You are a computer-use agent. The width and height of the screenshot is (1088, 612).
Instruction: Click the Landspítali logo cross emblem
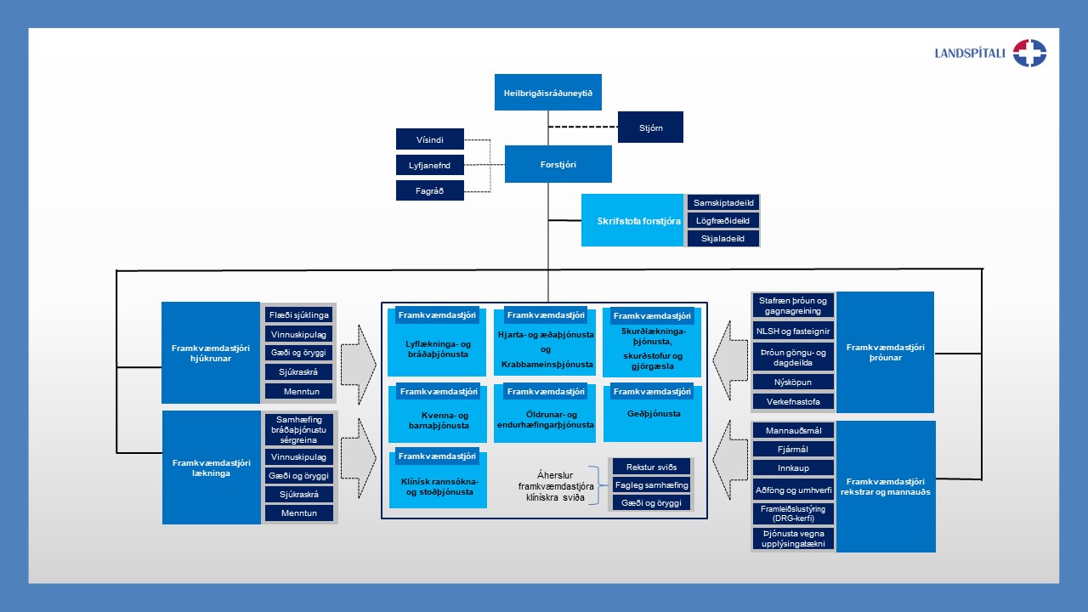coord(1029,53)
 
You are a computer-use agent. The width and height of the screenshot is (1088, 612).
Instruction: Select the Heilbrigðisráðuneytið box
coord(547,92)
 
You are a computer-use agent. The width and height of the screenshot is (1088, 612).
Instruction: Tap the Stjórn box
coord(650,127)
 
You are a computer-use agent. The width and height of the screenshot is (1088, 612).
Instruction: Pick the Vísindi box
coord(430,139)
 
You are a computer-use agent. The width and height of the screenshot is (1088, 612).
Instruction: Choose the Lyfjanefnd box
coord(430,165)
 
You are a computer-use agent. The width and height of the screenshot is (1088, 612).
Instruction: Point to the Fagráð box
coord(430,190)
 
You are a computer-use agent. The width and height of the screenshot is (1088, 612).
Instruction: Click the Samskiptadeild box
coord(723,203)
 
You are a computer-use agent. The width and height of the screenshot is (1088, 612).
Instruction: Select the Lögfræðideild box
coord(723,221)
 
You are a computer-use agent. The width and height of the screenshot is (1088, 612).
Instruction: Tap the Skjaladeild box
coord(723,239)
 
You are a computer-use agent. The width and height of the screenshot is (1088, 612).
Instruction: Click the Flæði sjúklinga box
coord(298,314)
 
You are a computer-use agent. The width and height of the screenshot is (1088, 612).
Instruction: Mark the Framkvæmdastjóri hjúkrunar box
coord(210,353)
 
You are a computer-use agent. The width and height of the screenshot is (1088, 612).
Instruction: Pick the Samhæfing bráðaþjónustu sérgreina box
coord(298,430)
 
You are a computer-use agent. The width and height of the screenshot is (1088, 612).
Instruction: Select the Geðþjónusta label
coord(653,414)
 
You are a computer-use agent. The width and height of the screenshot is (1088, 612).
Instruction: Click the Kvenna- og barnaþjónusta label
coord(437,420)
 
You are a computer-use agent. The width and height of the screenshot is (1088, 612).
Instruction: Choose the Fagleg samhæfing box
coord(651,484)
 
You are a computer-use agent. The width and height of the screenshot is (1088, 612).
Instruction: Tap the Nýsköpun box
coord(793,382)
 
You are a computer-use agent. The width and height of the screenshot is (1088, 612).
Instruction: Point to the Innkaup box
coord(793,468)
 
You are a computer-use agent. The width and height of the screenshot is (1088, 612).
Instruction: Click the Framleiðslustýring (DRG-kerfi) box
coord(793,513)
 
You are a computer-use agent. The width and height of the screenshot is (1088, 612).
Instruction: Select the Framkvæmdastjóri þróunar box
coord(885,352)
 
